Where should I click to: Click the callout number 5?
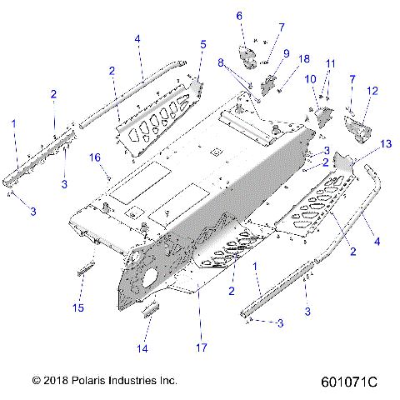click(x=202, y=43)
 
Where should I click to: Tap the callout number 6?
click(x=239, y=16)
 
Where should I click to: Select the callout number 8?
click(x=221, y=62)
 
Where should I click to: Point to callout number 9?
click(x=286, y=54)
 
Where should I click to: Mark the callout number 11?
click(x=331, y=63)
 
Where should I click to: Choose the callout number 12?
click(x=372, y=90)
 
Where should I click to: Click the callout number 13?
click(x=362, y=144)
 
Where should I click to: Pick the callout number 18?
click(x=304, y=59)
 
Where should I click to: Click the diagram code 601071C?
click(x=348, y=381)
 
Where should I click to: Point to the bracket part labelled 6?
click(x=248, y=56)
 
